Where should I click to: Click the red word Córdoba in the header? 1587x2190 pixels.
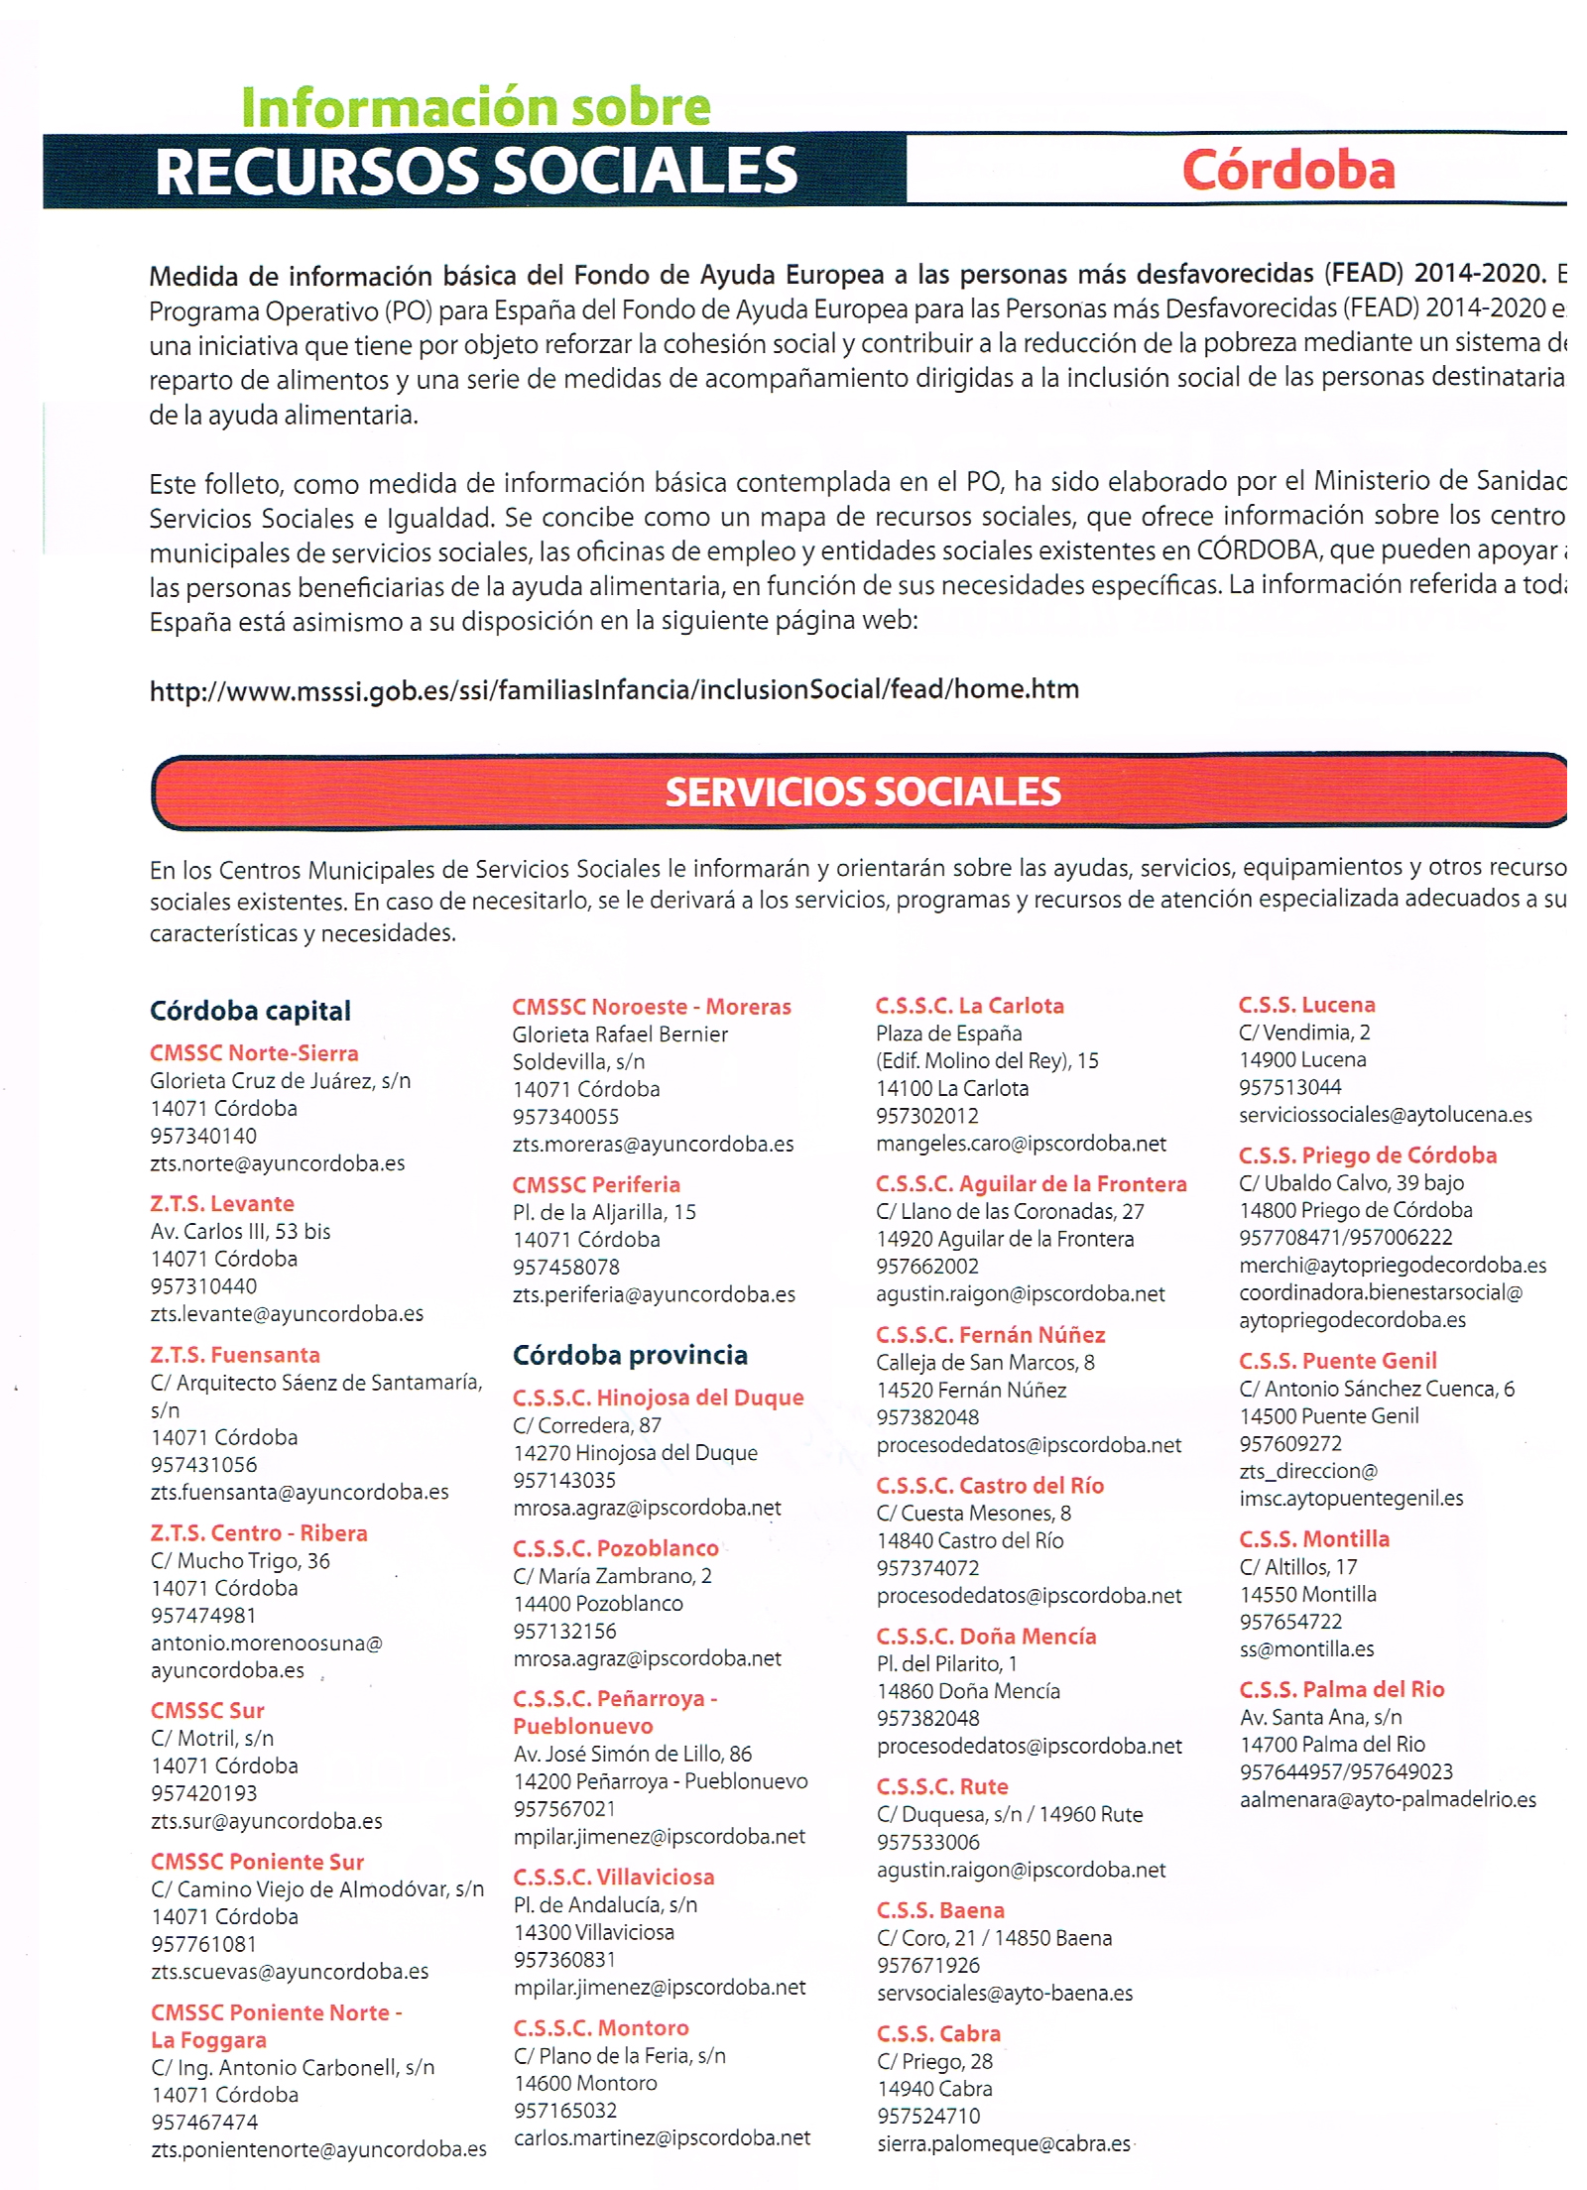pyautogui.click(x=1287, y=170)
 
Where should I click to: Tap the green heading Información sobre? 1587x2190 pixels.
pyautogui.click(x=475, y=106)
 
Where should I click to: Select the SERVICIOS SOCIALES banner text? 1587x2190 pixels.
pyautogui.click(x=862, y=791)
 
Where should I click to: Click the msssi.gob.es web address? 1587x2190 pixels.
pyautogui.click(x=614, y=689)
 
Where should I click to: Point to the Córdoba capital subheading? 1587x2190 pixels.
pyautogui.click(x=250, y=1011)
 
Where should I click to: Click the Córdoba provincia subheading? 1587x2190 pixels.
pyautogui.click(x=630, y=1355)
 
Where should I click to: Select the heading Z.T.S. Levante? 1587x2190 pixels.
pyautogui.click(x=222, y=1203)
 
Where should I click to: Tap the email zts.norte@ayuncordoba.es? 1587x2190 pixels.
pyautogui.click(x=278, y=1163)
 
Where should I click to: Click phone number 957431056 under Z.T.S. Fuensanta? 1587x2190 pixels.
pyautogui.click(x=203, y=1464)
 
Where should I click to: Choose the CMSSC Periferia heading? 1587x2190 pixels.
pyautogui.click(x=596, y=1184)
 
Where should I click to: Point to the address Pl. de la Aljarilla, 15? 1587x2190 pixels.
pyautogui.click(x=604, y=1212)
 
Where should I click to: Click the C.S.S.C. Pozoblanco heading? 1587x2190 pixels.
pyautogui.click(x=616, y=1548)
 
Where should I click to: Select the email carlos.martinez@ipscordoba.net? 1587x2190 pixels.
pyautogui.click(x=662, y=2137)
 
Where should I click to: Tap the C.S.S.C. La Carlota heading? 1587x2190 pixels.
pyautogui.click(x=969, y=1006)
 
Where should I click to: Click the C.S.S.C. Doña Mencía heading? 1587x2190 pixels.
pyautogui.click(x=986, y=1636)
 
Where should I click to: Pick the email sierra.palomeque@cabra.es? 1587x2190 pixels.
pyautogui.click(x=1003, y=2143)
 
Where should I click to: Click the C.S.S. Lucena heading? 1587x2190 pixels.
pyautogui.click(x=1306, y=1005)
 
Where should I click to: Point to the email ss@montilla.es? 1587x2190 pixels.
pyautogui.click(x=1306, y=1649)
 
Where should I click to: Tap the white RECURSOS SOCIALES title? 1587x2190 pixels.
pyautogui.click(x=476, y=171)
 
